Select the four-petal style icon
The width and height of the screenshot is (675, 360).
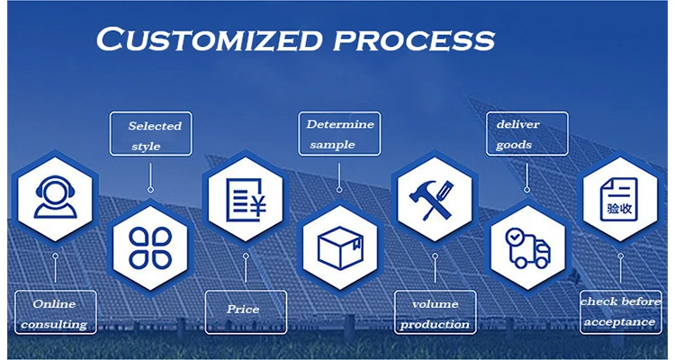click(150, 246)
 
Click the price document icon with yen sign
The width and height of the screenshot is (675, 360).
click(245, 200)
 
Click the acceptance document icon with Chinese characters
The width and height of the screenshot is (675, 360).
click(621, 200)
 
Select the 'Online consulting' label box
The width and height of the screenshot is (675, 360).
click(54, 312)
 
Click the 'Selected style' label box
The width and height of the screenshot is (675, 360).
click(150, 134)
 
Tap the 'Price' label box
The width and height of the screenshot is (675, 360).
click(244, 310)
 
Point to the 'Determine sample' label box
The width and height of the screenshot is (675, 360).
click(338, 133)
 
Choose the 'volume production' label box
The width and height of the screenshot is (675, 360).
click(434, 313)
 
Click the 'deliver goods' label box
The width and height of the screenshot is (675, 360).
click(526, 133)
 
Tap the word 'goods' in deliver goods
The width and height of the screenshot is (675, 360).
click(514, 144)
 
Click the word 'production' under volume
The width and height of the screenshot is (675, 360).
click(435, 324)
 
